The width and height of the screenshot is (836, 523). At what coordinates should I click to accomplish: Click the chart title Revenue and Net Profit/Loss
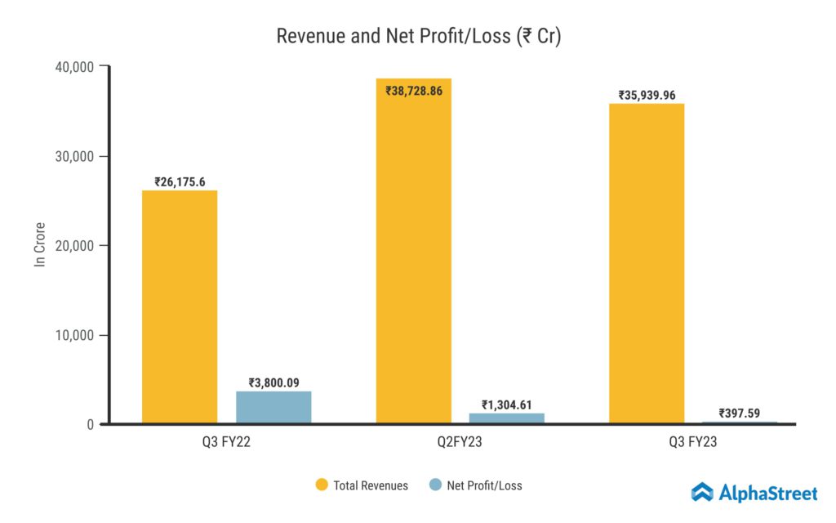(x=418, y=37)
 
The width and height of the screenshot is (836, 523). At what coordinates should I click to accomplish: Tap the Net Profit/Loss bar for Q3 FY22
(x=273, y=407)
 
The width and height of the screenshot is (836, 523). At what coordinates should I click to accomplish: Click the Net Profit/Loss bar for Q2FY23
(x=506, y=418)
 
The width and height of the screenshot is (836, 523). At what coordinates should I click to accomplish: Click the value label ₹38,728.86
(x=414, y=91)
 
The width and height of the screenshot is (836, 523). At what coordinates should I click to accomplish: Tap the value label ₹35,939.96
(x=647, y=96)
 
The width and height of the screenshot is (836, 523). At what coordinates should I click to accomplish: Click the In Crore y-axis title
(x=39, y=244)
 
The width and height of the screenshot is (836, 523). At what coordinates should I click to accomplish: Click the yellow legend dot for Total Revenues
(x=321, y=485)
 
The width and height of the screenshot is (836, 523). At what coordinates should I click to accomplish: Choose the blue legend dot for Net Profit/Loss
(x=435, y=485)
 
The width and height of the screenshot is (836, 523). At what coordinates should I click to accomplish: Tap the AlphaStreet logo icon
(x=702, y=492)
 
